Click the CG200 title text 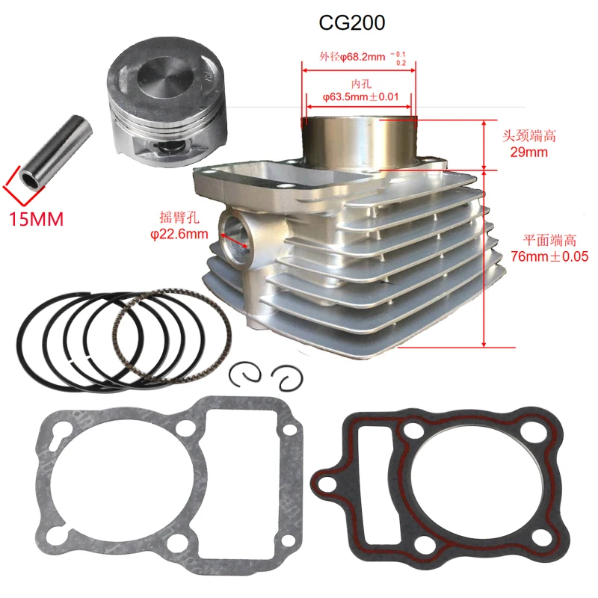(x=351, y=23)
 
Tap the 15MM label (x=36, y=219)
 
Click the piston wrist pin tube (x=55, y=152)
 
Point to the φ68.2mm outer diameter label (x=363, y=58)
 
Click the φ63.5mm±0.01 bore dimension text (x=361, y=97)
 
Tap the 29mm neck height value (x=529, y=152)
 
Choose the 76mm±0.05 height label (x=549, y=256)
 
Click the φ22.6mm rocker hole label (x=179, y=234)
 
